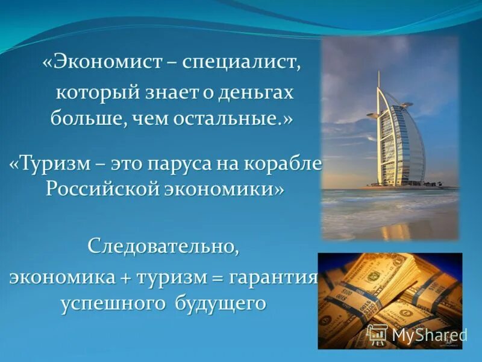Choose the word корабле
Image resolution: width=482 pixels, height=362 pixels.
tap(287, 164)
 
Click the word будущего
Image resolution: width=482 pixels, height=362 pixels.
tap(221, 302)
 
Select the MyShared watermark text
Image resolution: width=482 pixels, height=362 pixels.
tap(430, 335)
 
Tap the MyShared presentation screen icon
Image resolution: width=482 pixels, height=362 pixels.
tap(377, 334)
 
